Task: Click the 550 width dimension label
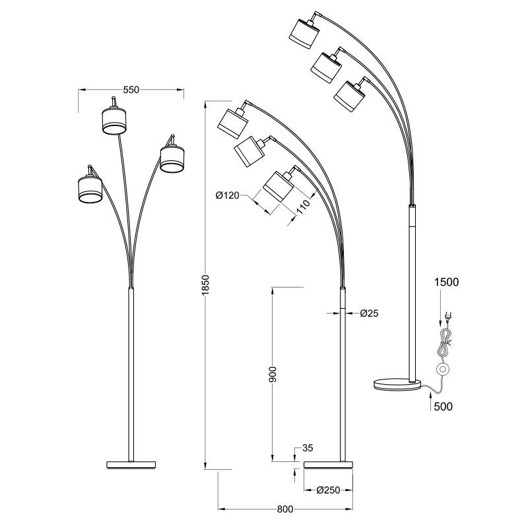[x=131, y=90]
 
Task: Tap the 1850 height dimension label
[x=206, y=285]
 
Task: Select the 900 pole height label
[x=273, y=374]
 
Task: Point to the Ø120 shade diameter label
[x=227, y=195]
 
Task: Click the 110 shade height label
[x=303, y=207]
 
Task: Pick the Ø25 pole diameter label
[x=369, y=313]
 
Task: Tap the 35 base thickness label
[x=308, y=448]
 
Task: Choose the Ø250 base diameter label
[x=328, y=490]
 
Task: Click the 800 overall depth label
[x=285, y=510]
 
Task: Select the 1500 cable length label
[x=447, y=282]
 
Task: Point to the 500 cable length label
[x=443, y=407]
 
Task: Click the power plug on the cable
[x=447, y=316]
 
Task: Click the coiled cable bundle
[x=444, y=343]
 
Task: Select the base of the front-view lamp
[x=131, y=465]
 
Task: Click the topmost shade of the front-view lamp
[x=114, y=120]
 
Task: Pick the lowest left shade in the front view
[x=90, y=189]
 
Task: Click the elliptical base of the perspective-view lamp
[x=397, y=385]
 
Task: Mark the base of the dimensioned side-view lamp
[x=328, y=465]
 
